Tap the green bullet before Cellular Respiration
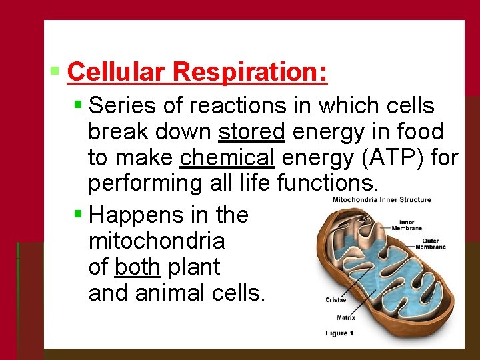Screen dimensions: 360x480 (x=56, y=69)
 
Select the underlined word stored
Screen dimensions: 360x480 (x=251, y=131)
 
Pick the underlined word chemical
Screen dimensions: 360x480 (x=227, y=158)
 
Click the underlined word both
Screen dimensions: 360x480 (x=137, y=267)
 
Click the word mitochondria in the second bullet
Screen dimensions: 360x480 (x=156, y=241)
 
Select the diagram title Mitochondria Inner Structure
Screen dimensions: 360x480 (x=382, y=199)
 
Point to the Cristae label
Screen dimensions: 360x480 (x=335, y=300)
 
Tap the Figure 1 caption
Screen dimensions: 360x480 (x=339, y=333)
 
